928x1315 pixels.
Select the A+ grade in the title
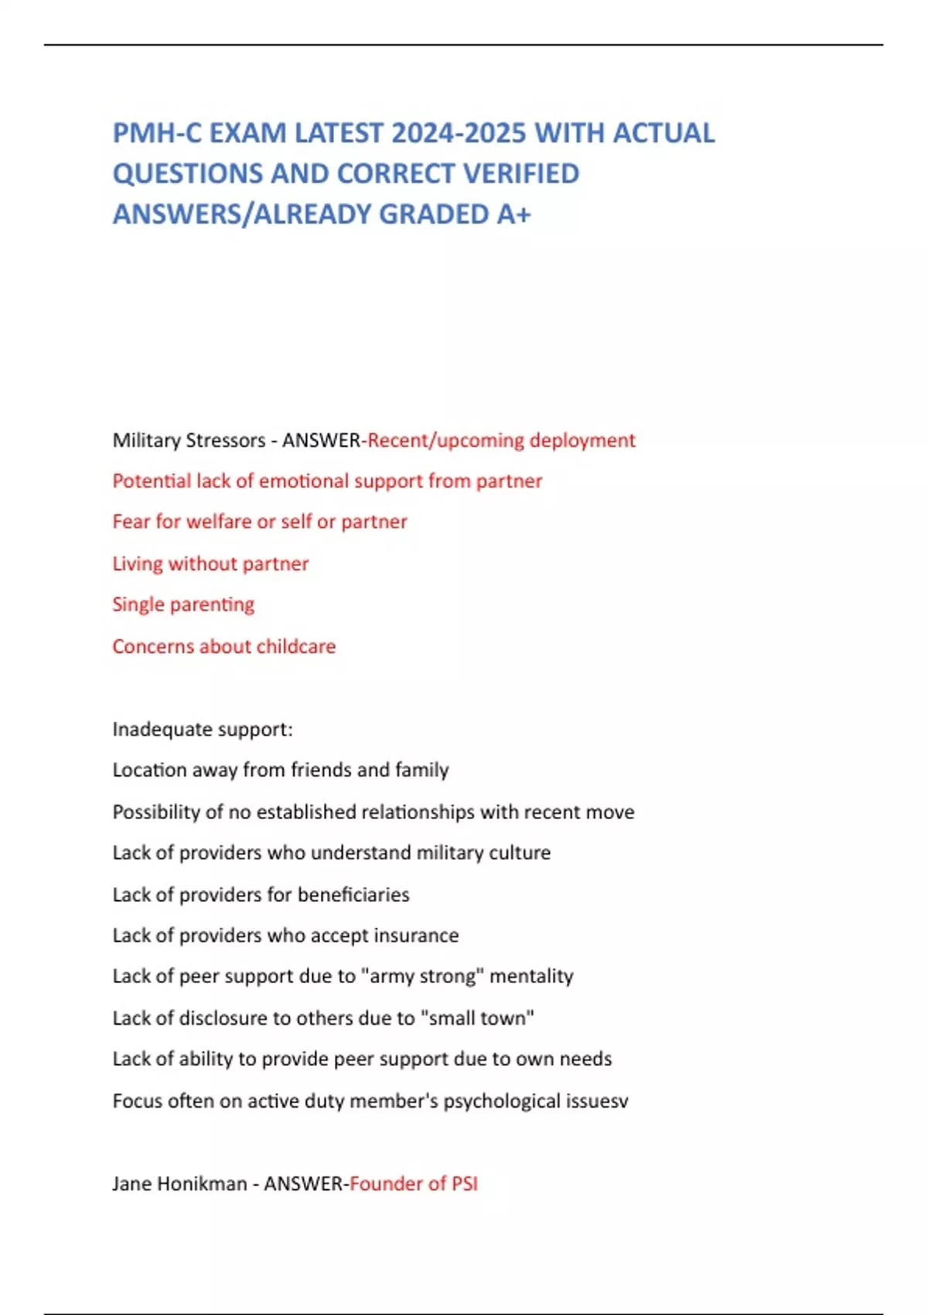[513, 213]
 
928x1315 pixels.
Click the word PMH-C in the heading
[156, 133]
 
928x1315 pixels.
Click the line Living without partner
[210, 563]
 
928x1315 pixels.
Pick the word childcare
[296, 646]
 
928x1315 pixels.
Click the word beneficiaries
[353, 894]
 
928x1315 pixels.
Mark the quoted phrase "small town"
[477, 1018]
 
